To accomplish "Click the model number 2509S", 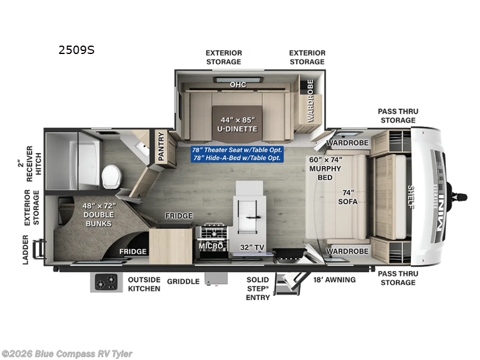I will point(76,50).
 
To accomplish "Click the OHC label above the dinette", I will point(238,85).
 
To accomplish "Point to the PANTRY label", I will point(161,146).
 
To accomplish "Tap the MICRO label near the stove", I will point(211,246).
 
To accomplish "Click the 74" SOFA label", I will point(347,197).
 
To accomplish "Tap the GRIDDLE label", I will point(183,281).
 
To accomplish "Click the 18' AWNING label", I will point(334,280).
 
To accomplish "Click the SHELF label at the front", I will point(411,196).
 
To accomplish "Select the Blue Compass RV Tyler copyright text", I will point(67,354).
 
